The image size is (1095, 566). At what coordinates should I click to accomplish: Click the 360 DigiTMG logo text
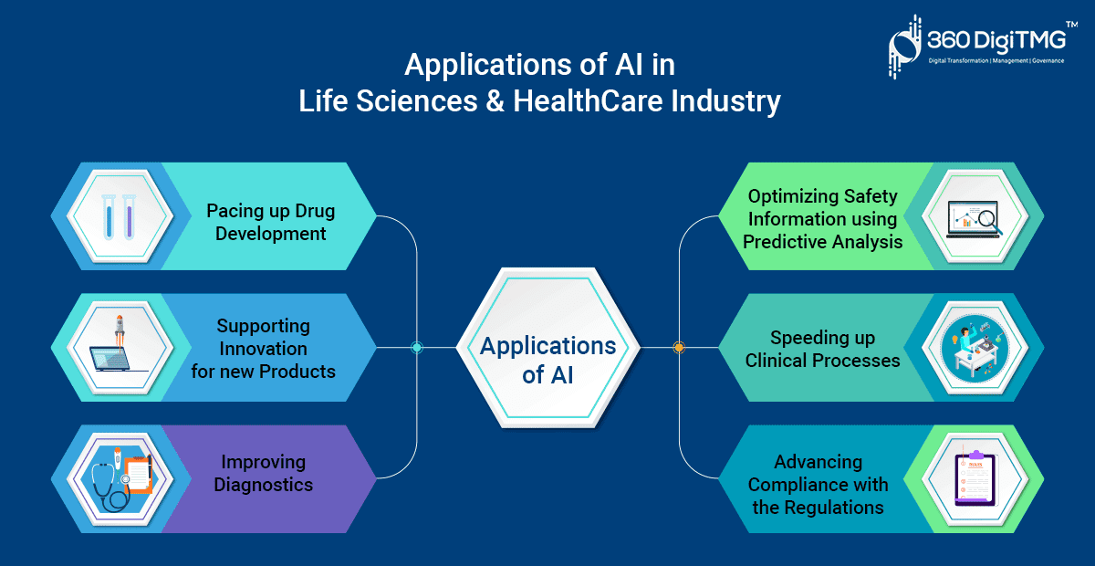coord(996,40)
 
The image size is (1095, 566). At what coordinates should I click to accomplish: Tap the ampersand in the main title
coord(495,101)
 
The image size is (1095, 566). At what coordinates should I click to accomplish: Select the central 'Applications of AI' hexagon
coord(548,348)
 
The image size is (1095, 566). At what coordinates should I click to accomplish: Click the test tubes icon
coord(119,216)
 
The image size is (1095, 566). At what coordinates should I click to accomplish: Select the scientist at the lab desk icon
coord(975,347)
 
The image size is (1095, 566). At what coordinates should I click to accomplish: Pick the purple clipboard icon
coord(975,478)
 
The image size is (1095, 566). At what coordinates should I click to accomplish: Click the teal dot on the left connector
coord(416,347)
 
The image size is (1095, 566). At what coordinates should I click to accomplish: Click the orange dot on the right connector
coord(679,347)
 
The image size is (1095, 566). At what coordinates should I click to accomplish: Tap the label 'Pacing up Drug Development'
coord(270,222)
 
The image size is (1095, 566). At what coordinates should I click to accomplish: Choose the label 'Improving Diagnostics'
coord(264,473)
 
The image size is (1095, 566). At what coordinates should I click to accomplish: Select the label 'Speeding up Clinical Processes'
coord(822,349)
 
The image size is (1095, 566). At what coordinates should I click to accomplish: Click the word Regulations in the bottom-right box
coord(834,508)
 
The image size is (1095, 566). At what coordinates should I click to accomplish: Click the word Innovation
coord(263,349)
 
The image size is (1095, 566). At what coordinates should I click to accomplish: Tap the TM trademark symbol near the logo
coord(1071,24)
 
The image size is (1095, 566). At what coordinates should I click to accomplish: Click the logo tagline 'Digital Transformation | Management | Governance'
coord(996,60)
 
